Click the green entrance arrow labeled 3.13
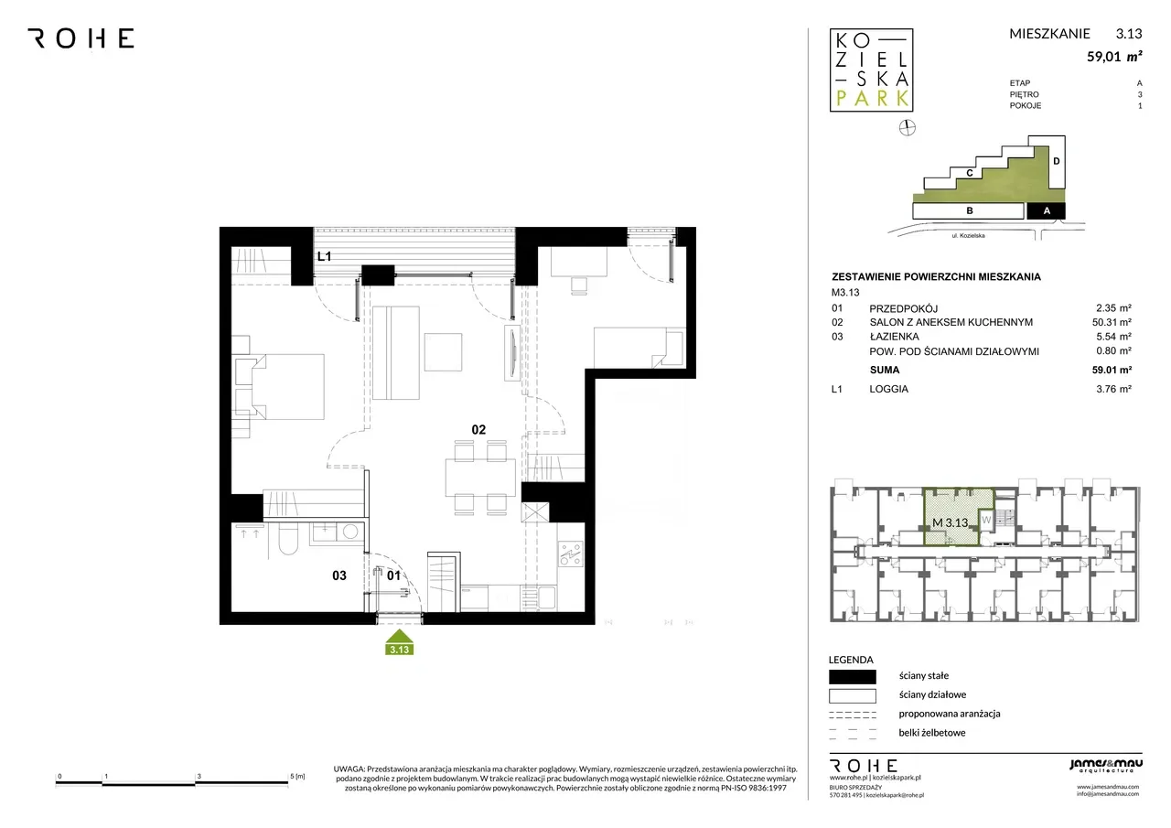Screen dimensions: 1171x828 tap(400, 642)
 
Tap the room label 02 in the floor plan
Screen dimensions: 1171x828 tap(478, 430)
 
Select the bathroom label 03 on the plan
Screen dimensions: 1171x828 tap(339, 575)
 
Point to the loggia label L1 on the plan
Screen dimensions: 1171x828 tap(324, 256)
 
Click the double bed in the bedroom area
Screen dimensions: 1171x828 tap(287, 387)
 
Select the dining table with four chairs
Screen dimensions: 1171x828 tap(480, 478)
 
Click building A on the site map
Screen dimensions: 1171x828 tap(1046, 211)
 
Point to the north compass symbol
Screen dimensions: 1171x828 tap(907, 127)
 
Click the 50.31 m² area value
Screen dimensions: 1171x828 tap(1112, 323)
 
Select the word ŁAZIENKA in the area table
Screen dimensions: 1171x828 tap(894, 337)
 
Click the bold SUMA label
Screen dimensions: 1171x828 tap(885, 371)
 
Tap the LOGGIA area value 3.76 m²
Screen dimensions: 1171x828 tap(1113, 389)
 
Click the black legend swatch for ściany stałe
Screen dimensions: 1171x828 tap(852, 677)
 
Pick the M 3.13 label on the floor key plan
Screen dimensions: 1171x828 tap(950, 522)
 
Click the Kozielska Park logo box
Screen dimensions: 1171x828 tap(872, 70)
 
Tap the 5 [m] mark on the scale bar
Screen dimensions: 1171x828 tap(297, 777)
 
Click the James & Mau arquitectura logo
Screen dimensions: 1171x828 tap(1106, 766)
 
